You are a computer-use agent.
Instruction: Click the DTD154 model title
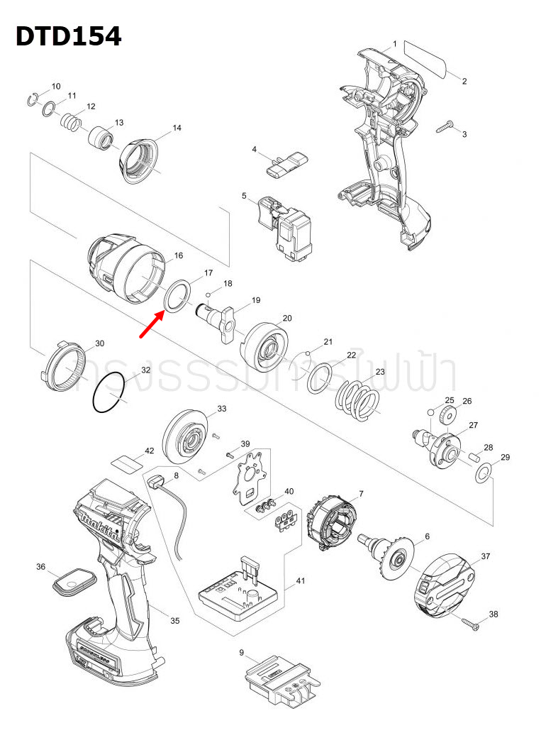[x=68, y=36]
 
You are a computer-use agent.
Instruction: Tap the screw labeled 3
[x=444, y=127]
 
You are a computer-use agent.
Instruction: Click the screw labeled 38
[x=471, y=624]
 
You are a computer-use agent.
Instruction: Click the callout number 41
[x=300, y=581]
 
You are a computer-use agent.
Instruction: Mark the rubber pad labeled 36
[x=74, y=583]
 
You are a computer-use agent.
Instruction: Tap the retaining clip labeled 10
[x=33, y=99]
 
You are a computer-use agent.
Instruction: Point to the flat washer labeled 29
[x=484, y=473]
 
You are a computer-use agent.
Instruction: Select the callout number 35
[x=174, y=621]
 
